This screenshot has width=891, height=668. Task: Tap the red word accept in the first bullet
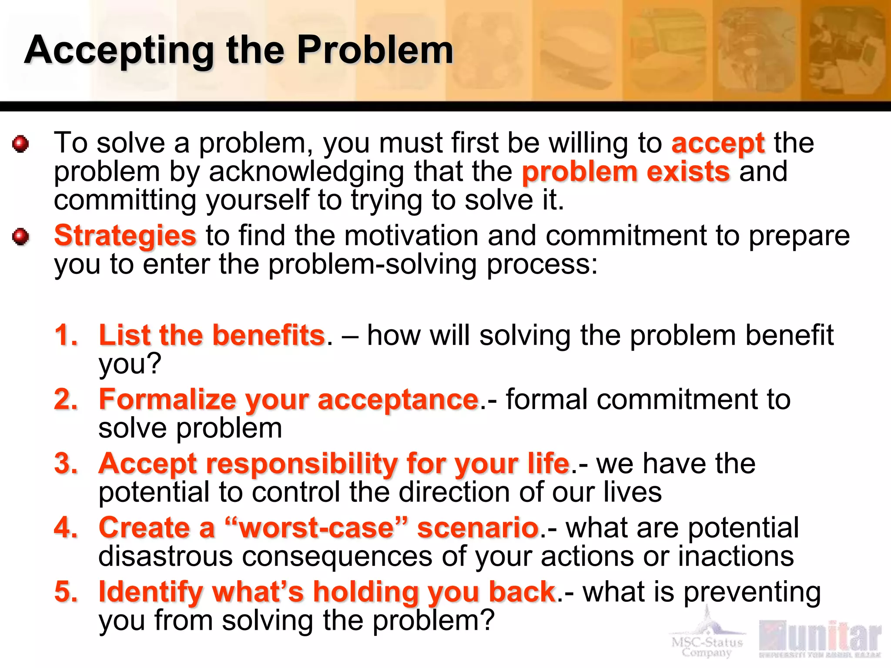coord(718,144)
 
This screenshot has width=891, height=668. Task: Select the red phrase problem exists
coord(626,172)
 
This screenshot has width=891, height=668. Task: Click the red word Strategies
coord(125,236)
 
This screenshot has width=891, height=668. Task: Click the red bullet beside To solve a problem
coord(20,144)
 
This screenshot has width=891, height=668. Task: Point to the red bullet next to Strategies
coord(20,237)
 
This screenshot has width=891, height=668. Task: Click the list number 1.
coord(66,335)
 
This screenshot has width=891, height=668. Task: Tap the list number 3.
coord(66,464)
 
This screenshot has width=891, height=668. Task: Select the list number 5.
coord(66,592)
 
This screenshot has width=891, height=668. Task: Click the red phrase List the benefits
coord(212,335)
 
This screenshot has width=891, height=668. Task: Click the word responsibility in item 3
coord(301,464)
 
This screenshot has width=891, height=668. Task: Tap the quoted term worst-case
coord(317,528)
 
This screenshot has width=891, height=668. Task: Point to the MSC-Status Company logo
coord(707,639)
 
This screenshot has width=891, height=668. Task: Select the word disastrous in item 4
coord(165,556)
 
